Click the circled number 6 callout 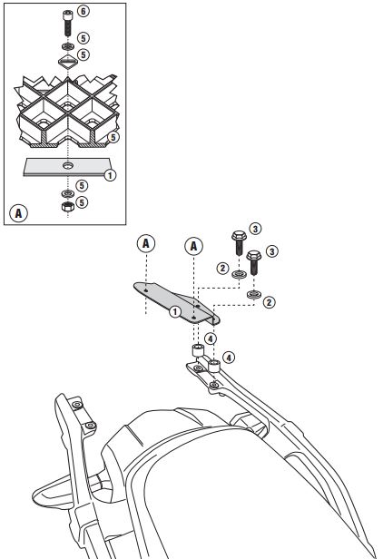(83, 11)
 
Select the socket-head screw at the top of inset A (68, 24)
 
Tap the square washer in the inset (68, 62)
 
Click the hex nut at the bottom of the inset (68, 206)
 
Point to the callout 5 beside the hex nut (82, 202)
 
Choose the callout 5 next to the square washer (83, 54)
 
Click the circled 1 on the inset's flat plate (110, 175)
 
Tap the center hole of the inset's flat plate (68, 165)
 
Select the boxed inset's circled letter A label (18, 213)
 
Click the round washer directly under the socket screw (68, 46)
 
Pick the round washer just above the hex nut (68, 193)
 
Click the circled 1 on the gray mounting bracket (175, 312)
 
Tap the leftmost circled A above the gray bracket (146, 243)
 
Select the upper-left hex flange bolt (239, 242)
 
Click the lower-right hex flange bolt (253, 262)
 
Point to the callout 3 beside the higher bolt (255, 229)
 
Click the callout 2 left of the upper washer (222, 268)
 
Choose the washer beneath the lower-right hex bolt (253, 294)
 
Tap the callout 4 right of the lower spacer (229, 358)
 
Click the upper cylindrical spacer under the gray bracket (198, 350)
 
